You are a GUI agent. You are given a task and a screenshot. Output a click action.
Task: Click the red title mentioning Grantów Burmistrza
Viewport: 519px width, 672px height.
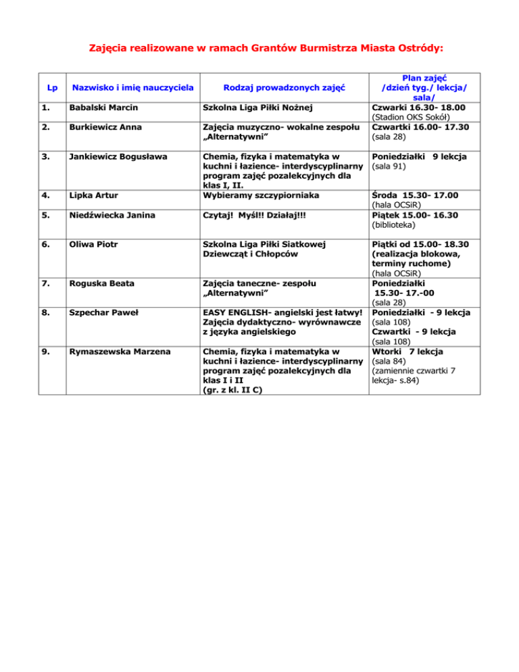point(259,48)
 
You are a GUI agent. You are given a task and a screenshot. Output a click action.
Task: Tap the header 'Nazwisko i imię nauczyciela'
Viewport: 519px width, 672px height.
point(133,87)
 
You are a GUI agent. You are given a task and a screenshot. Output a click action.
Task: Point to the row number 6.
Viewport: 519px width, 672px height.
point(42,245)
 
